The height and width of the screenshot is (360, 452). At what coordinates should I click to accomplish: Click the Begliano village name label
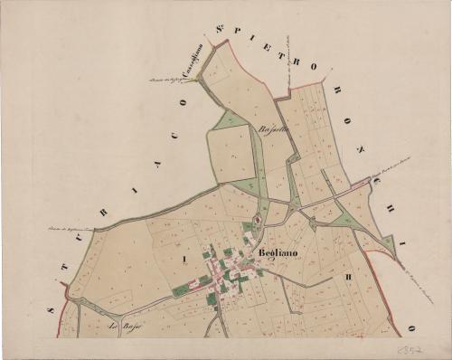pos(276,254)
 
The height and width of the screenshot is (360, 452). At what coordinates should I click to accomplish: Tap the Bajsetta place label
pos(273,129)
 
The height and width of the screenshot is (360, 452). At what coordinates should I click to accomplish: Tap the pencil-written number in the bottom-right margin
pos(411,346)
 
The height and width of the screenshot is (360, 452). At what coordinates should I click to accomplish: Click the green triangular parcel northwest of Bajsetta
pos(228,118)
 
